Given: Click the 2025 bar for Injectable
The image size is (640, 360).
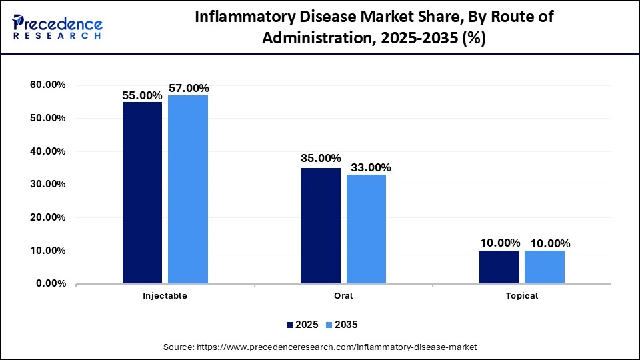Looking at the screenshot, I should [142, 193].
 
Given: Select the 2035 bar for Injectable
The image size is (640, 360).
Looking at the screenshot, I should [188, 189].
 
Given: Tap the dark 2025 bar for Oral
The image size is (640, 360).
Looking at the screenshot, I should [320, 226].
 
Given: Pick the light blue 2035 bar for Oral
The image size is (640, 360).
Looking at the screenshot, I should [366, 229].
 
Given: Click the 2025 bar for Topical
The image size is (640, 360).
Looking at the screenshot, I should [499, 267].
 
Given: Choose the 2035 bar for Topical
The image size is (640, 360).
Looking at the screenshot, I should [545, 267].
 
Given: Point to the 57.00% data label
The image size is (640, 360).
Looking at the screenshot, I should [189, 88].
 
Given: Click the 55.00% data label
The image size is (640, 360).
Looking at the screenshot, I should [143, 95].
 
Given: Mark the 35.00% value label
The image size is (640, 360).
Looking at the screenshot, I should [321, 159].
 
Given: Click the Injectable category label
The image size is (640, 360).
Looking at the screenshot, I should [165, 295].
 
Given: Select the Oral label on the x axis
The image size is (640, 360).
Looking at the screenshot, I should [343, 295].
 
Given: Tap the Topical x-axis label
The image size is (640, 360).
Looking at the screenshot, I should [522, 295].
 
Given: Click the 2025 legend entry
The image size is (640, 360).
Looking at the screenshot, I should [301, 325].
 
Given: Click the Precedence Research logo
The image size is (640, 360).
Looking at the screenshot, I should [57, 27].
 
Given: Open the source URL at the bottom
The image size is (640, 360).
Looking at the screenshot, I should [320, 347].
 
